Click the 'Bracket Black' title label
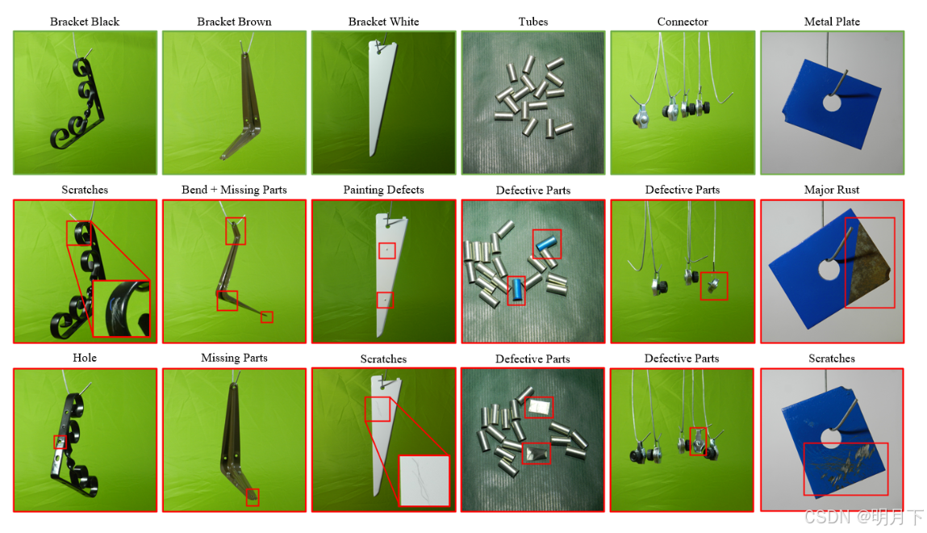pyautogui.click(x=85, y=22)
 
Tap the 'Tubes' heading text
pyautogui.click(x=533, y=22)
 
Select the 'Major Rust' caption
pyautogui.click(x=831, y=190)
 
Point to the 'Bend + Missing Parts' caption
pyautogui.click(x=234, y=190)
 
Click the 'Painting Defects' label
pyautogui.click(x=384, y=190)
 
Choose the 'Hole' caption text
pyautogui.click(x=85, y=358)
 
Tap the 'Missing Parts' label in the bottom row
pyautogui.click(x=234, y=358)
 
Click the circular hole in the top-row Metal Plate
pyautogui.click(x=831, y=103)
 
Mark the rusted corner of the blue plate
pyautogui.click(x=868, y=262)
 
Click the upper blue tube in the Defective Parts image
pyautogui.click(x=545, y=242)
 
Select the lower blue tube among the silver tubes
pyautogui.click(x=517, y=289)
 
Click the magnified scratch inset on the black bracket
pyautogui.click(x=121, y=308)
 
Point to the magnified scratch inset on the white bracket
pyautogui.click(x=424, y=481)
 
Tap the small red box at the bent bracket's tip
pyautogui.click(x=267, y=317)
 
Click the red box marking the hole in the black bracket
pyautogui.click(x=60, y=442)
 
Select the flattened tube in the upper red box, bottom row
pyautogui.click(x=539, y=407)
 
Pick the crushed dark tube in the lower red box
pyautogui.click(x=537, y=454)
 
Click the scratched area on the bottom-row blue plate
pyautogui.click(x=846, y=468)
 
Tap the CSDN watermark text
pyautogui.click(x=864, y=517)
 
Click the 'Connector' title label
pyautogui.click(x=683, y=22)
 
